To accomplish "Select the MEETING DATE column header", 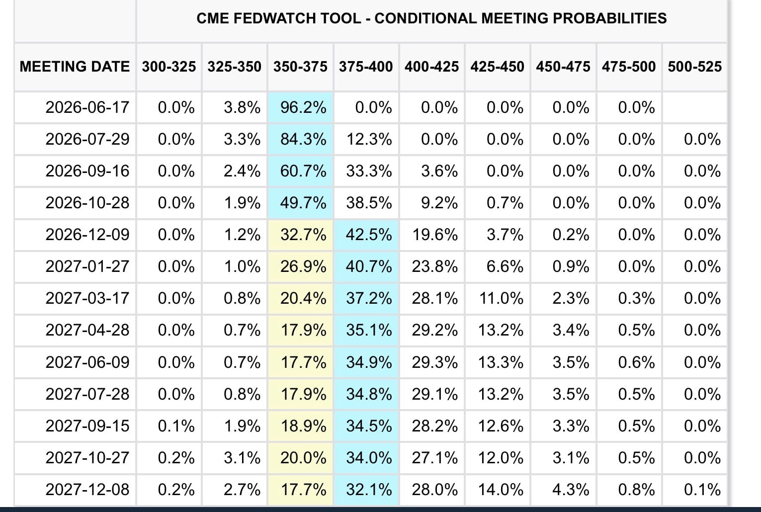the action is tap(75, 66).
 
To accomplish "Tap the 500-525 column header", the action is tap(695, 66).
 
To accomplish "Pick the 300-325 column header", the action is tap(169, 66).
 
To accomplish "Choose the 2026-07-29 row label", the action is tap(87, 139).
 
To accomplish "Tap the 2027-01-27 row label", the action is tap(87, 266).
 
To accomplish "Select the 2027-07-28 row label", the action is tap(87, 394).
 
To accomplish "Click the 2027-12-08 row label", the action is tap(87, 490).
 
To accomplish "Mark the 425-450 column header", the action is tap(498, 66).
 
